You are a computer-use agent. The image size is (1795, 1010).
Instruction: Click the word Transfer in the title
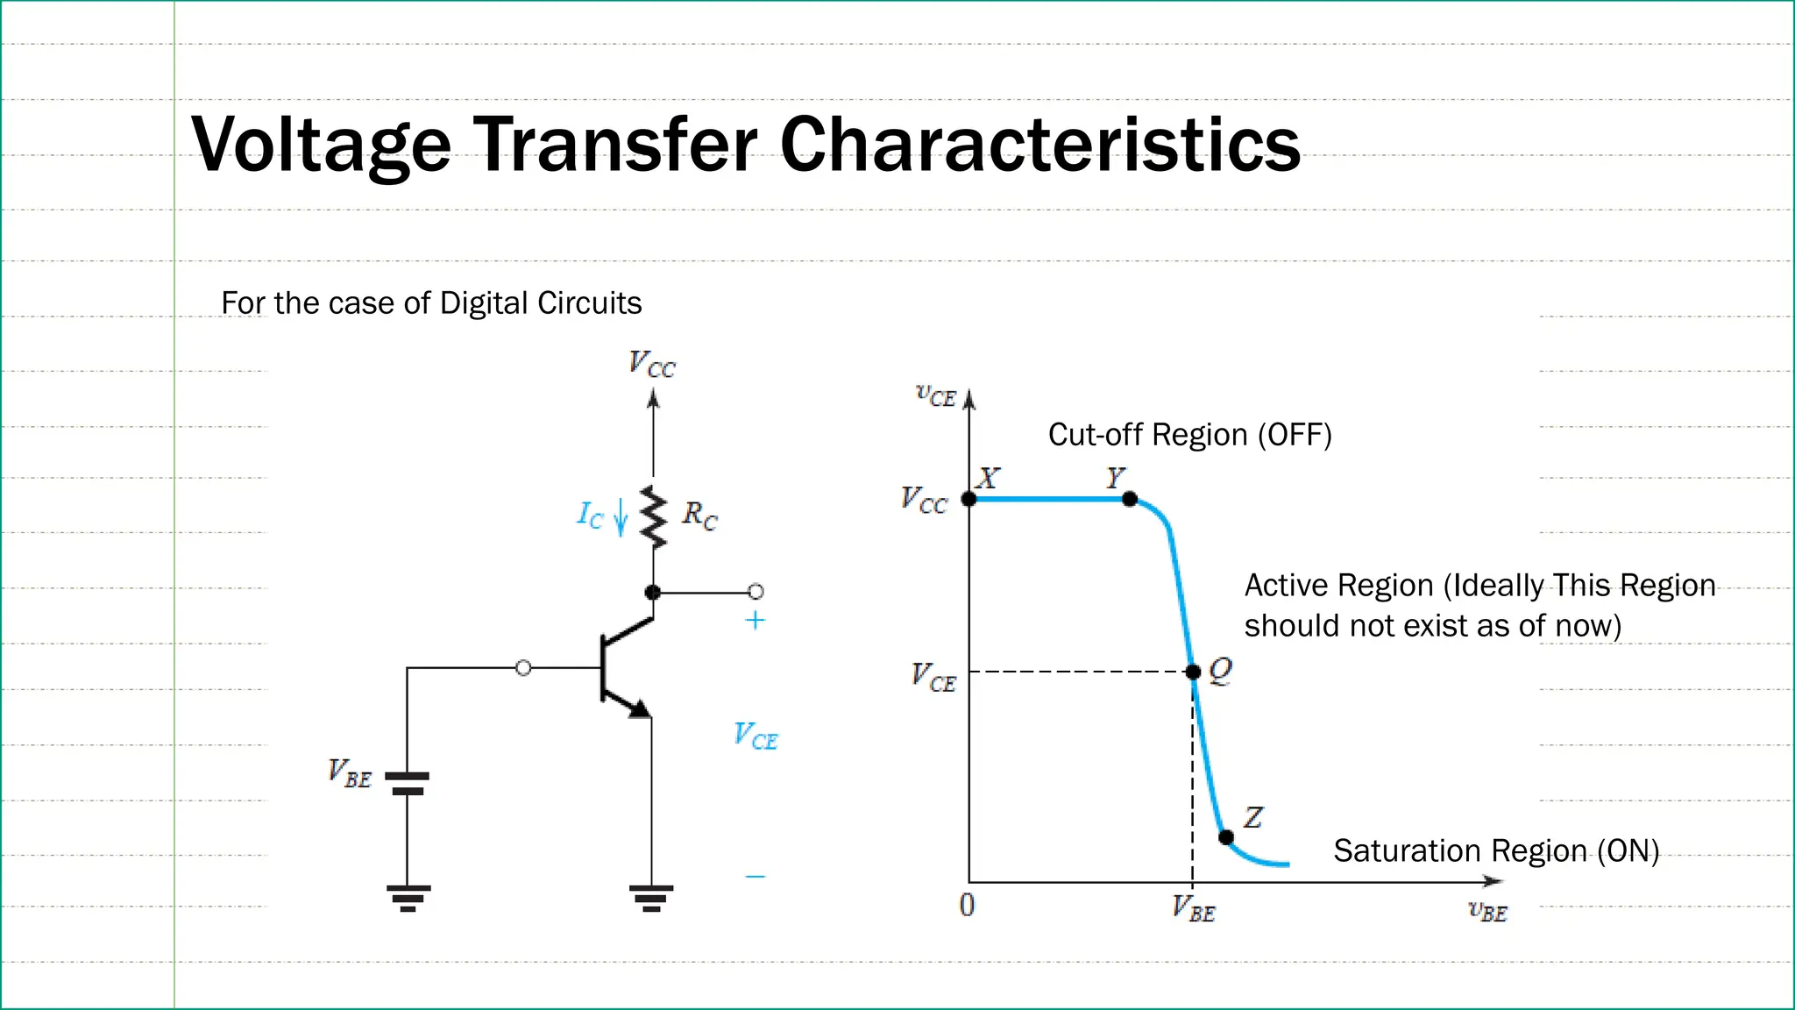pos(616,144)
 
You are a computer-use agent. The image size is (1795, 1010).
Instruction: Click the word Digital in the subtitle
pos(485,303)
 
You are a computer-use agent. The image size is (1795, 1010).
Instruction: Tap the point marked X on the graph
pos(968,499)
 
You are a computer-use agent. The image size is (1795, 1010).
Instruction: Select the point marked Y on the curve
pos(1130,499)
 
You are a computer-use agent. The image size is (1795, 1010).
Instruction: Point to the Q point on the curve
pos(1193,672)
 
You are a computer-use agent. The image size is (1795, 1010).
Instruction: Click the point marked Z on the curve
pos(1226,837)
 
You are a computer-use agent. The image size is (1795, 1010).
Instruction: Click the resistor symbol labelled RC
pos(653,517)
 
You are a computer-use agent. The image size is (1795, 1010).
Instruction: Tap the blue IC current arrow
pos(621,516)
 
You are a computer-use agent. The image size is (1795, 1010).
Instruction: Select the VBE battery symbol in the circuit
pos(408,783)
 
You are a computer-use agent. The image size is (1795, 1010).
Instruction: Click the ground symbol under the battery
pos(408,898)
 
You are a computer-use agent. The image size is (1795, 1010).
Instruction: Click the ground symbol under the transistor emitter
pos(651,898)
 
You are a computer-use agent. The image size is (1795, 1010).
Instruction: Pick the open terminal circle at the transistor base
pos(523,668)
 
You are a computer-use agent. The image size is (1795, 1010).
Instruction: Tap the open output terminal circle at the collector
pos(756,592)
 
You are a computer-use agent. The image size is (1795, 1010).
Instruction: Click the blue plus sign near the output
pos(755,621)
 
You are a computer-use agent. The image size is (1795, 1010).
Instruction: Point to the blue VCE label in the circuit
pos(755,736)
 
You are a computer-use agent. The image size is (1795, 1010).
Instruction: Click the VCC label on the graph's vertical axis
pos(924,500)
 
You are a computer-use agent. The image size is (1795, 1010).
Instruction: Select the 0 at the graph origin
pos(967,905)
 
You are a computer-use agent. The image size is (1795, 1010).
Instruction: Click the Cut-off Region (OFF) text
pos(1189,435)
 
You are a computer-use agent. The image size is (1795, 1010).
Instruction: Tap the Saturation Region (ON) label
pos(1495,850)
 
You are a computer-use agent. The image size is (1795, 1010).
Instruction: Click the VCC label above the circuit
pos(652,364)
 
